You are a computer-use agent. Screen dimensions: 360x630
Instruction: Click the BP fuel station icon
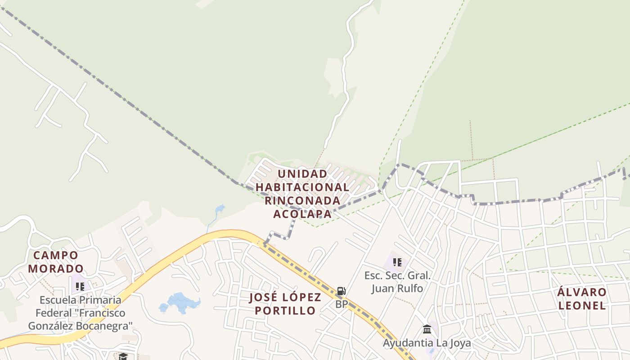click(341, 291)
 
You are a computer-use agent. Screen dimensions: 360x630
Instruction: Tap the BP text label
click(341, 305)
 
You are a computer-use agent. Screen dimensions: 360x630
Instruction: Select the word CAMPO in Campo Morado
click(56, 256)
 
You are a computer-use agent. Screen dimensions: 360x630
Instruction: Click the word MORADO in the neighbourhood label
click(56, 269)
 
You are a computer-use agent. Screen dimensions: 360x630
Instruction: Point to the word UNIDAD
click(302, 174)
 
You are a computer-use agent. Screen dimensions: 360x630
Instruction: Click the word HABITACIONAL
click(302, 187)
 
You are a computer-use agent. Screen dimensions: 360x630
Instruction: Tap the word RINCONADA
click(302, 200)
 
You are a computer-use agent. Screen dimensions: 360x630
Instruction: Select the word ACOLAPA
click(302, 214)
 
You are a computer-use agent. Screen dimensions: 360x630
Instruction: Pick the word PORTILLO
click(285, 310)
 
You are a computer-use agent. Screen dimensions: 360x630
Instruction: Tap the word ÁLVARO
click(582, 292)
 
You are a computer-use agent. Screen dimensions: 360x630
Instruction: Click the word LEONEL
click(582, 306)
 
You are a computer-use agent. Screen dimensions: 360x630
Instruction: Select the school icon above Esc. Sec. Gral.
click(397, 262)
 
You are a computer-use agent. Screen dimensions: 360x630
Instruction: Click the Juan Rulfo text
click(397, 288)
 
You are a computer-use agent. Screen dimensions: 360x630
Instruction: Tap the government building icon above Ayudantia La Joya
click(427, 329)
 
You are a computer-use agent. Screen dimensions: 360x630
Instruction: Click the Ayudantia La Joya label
click(427, 343)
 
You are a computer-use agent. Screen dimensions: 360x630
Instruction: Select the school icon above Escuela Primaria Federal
click(80, 286)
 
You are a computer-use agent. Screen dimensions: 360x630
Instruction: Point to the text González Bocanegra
click(80, 326)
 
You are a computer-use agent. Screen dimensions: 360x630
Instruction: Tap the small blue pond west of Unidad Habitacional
click(220, 209)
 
